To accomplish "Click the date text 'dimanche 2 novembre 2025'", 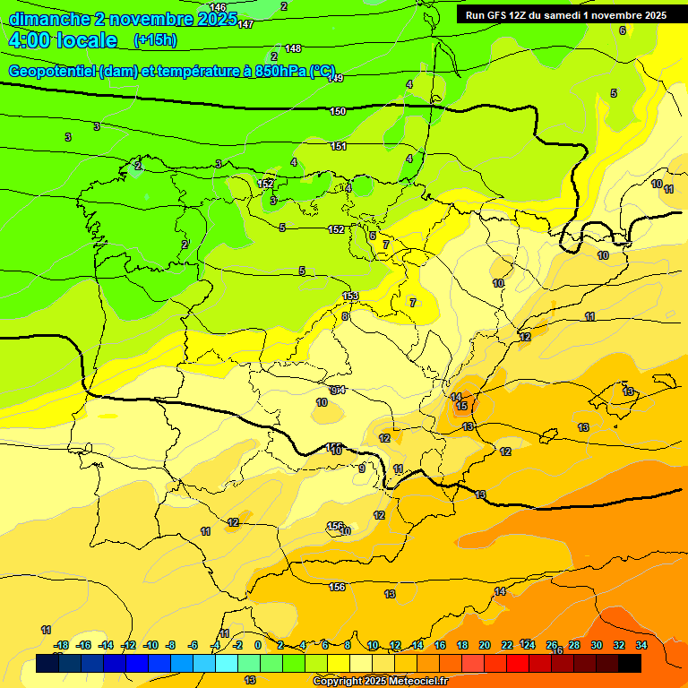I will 123,19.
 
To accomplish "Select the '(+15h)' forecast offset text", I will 155,40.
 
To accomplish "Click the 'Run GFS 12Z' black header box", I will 565,15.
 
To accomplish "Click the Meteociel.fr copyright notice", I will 380,682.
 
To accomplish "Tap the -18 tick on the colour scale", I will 61,645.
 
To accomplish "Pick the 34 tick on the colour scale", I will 641,645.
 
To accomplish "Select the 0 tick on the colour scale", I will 258,645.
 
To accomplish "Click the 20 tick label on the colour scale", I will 485,645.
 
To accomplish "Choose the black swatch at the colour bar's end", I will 630,663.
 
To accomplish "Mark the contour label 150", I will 338,111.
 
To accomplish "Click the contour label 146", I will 219,7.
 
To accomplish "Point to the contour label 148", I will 293,48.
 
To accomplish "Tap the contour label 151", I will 339,146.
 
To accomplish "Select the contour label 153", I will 351,297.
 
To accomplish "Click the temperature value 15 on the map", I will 461,407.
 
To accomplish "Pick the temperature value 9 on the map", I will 362,469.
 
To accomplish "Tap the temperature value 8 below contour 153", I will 345,316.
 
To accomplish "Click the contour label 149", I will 336,79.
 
